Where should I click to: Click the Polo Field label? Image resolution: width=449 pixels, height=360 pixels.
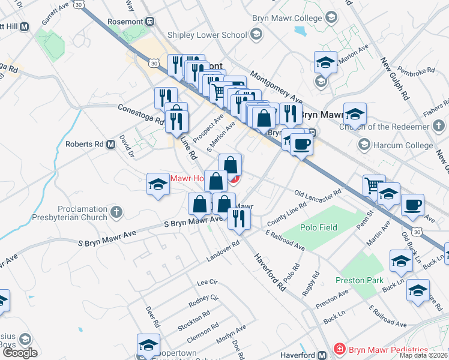[x=319, y=227]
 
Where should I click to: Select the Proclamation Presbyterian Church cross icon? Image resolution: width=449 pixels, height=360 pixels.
[x=117, y=212]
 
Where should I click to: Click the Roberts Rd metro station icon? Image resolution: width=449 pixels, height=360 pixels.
[x=111, y=144]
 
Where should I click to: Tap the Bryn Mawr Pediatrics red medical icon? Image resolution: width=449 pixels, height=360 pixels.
[x=339, y=349]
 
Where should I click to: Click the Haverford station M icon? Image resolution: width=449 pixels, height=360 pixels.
[x=323, y=355]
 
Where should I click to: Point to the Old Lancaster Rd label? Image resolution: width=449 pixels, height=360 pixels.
[x=318, y=194]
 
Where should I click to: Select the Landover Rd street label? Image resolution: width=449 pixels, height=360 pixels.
[x=223, y=251]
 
